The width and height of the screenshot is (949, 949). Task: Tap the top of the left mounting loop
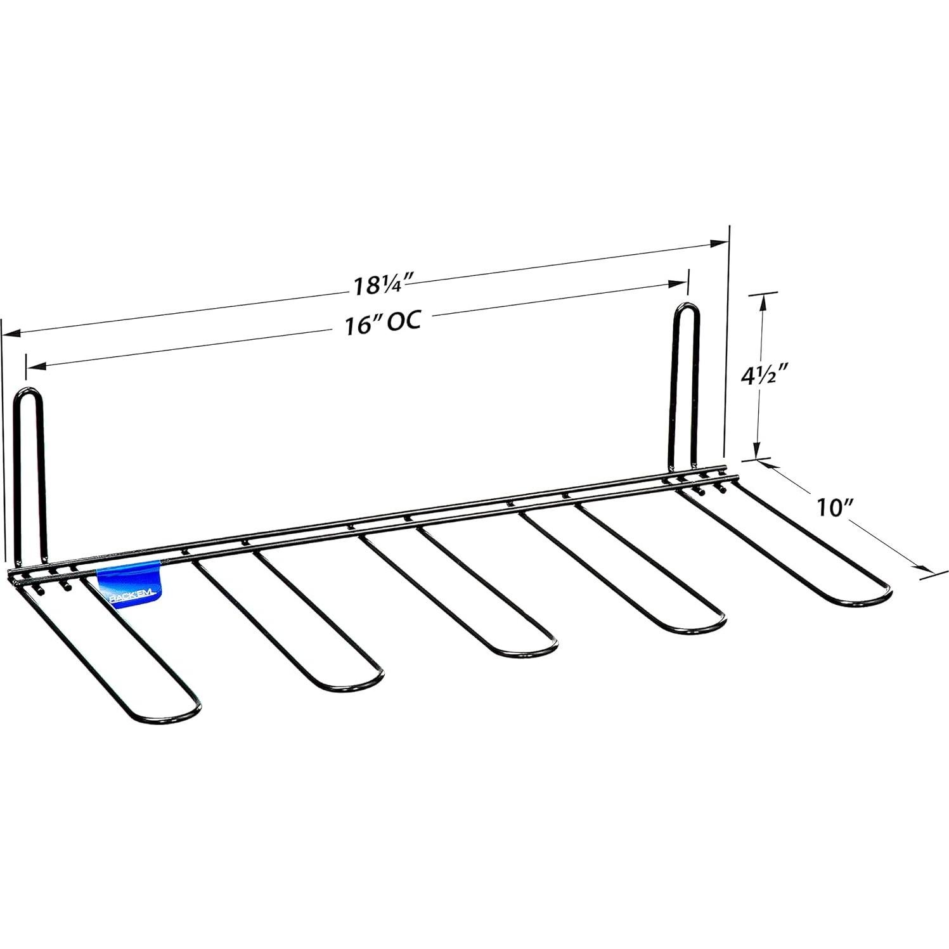point(29,391)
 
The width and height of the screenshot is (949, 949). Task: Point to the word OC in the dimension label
point(404,321)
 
